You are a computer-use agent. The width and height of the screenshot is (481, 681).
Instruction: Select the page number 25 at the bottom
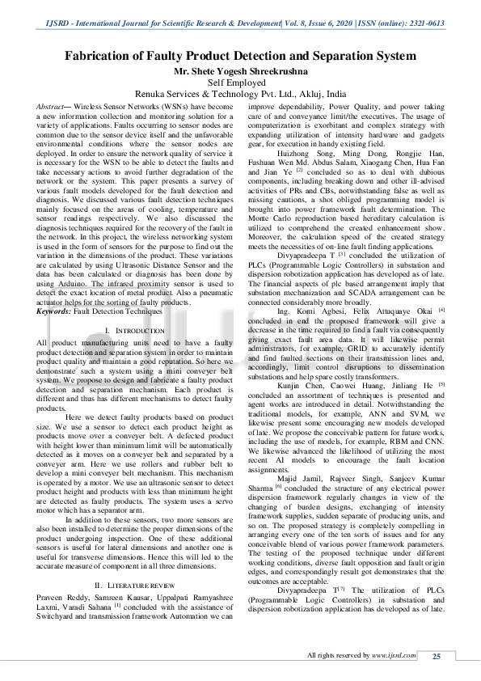[x=437, y=656]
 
